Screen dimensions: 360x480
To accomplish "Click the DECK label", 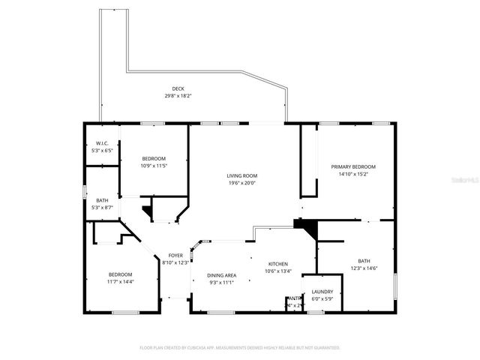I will pyautogui.click(x=178, y=88).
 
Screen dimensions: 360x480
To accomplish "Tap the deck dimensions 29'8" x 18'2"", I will pyautogui.click(x=178, y=96).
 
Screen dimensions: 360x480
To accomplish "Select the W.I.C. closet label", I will pyautogui.click(x=101, y=144).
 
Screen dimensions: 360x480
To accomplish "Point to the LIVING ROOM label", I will pyautogui.click(x=242, y=175).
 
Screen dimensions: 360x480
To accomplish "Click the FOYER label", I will pyautogui.click(x=175, y=256).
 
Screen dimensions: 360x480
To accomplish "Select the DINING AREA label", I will pyautogui.click(x=222, y=275).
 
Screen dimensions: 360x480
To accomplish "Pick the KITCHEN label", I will pyautogui.click(x=278, y=265).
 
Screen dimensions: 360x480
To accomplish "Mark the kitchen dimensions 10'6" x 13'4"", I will pyautogui.click(x=278, y=271).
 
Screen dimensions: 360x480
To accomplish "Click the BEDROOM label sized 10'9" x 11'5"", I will pyautogui.click(x=154, y=158).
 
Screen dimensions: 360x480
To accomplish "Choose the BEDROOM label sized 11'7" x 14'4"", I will pyautogui.click(x=120, y=274).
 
